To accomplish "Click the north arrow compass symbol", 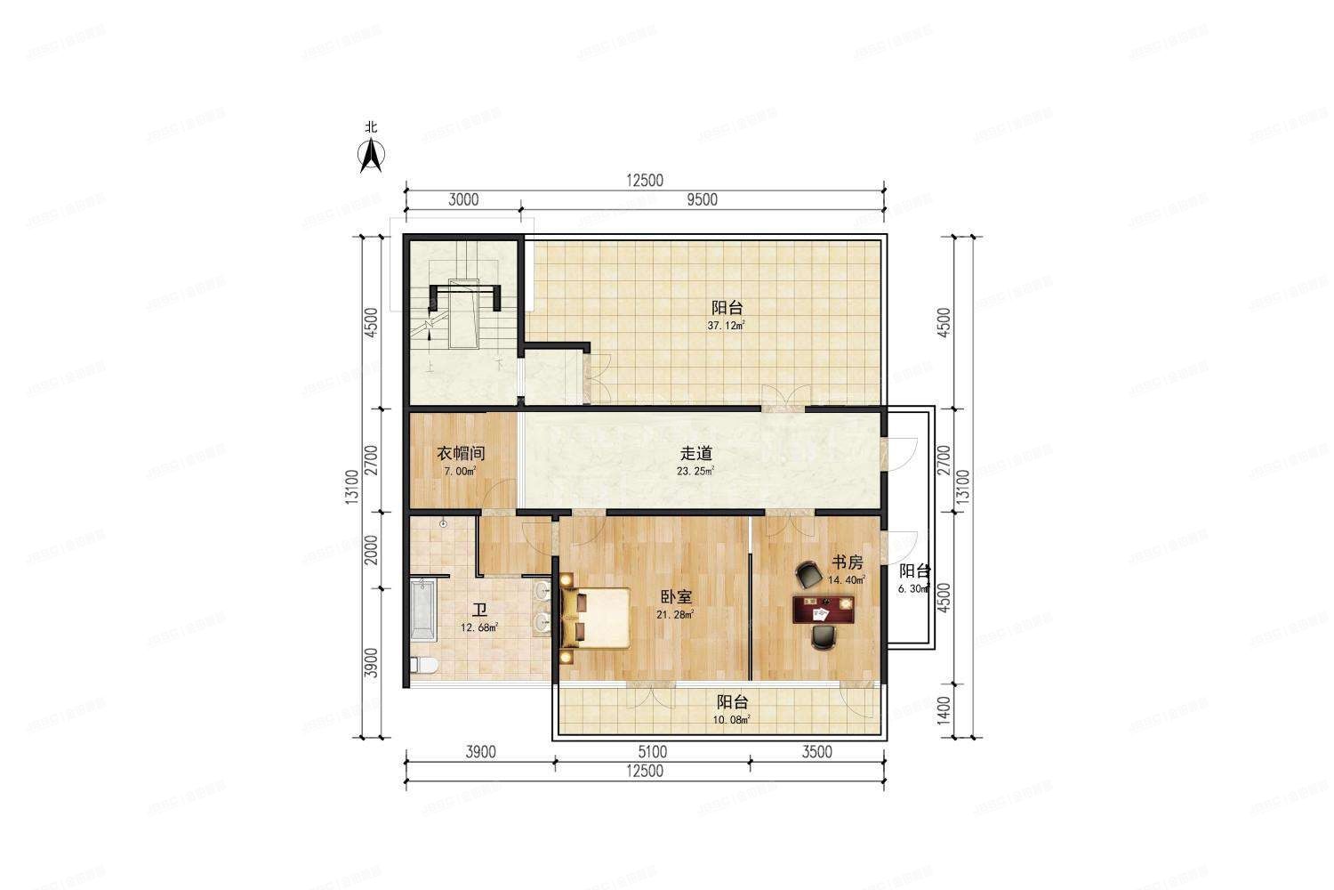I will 371,156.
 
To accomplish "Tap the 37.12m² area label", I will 726,326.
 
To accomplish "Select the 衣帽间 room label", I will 460,453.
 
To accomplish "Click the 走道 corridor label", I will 696,453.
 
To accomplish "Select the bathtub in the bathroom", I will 422,610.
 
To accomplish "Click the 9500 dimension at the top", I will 702,199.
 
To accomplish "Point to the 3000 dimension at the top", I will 462,199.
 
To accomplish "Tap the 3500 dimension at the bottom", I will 816,752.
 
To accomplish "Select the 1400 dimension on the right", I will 944,710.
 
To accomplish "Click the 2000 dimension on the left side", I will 372,549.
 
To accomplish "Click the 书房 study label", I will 847,562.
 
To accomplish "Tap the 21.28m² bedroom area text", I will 676,614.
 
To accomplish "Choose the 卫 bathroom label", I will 479,611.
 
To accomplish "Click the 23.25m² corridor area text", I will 696,471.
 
